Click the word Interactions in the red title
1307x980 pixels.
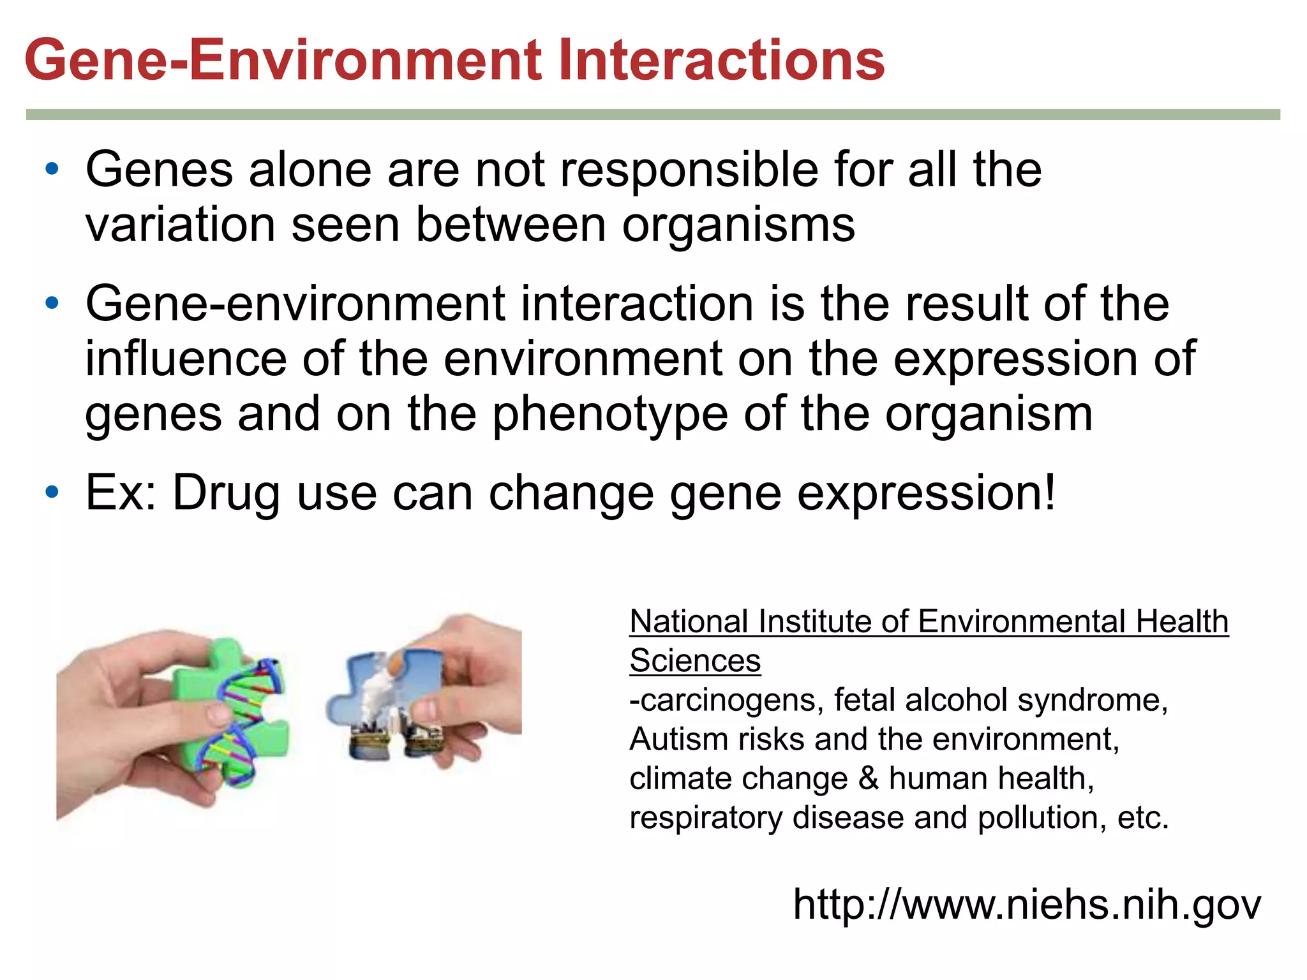pos(721,61)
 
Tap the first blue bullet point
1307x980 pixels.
pos(52,170)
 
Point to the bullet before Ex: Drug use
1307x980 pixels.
pos(52,493)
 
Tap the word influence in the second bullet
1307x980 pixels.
pos(186,359)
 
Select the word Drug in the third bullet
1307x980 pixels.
pos(227,494)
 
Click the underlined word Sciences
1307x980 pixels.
pos(694,661)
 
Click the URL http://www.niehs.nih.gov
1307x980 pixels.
pos(1026,904)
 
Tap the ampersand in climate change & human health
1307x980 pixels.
pos(868,779)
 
